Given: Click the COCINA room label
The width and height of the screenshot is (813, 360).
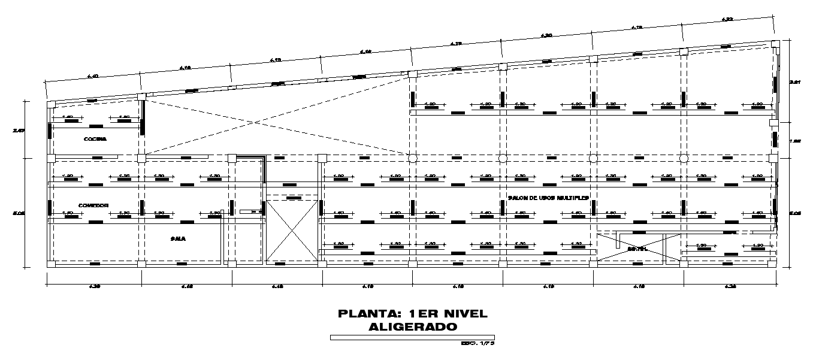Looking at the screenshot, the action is [x=95, y=139].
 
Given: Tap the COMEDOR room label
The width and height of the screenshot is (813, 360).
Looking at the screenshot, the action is [x=93, y=205].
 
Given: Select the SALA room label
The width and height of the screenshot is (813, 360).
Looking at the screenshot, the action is [x=178, y=238].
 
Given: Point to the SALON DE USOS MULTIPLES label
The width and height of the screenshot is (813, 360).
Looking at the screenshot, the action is [x=548, y=197].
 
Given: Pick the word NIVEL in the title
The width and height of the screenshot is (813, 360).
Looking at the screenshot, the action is [x=464, y=314].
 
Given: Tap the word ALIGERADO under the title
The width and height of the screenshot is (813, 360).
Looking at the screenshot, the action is [x=413, y=327].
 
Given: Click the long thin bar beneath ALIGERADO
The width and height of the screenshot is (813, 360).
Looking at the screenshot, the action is [x=412, y=337].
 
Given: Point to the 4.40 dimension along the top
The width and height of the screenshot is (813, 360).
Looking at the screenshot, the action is [x=93, y=76].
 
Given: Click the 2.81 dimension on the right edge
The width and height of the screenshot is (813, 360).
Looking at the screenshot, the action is [x=795, y=82].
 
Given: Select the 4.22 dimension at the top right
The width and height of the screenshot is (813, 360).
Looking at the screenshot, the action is [x=728, y=20].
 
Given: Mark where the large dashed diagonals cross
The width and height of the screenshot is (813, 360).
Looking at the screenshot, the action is [x=255, y=123].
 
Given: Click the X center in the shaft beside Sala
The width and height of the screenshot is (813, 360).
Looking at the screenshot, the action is [x=291, y=230].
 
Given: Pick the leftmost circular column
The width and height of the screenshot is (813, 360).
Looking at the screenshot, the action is [x=412, y=159].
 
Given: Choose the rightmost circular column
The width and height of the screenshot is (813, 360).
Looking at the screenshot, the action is [x=684, y=159].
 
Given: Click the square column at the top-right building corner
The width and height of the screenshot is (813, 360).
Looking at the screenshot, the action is [x=775, y=44].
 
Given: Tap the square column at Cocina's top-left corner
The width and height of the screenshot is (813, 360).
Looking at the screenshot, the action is [x=51, y=104].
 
